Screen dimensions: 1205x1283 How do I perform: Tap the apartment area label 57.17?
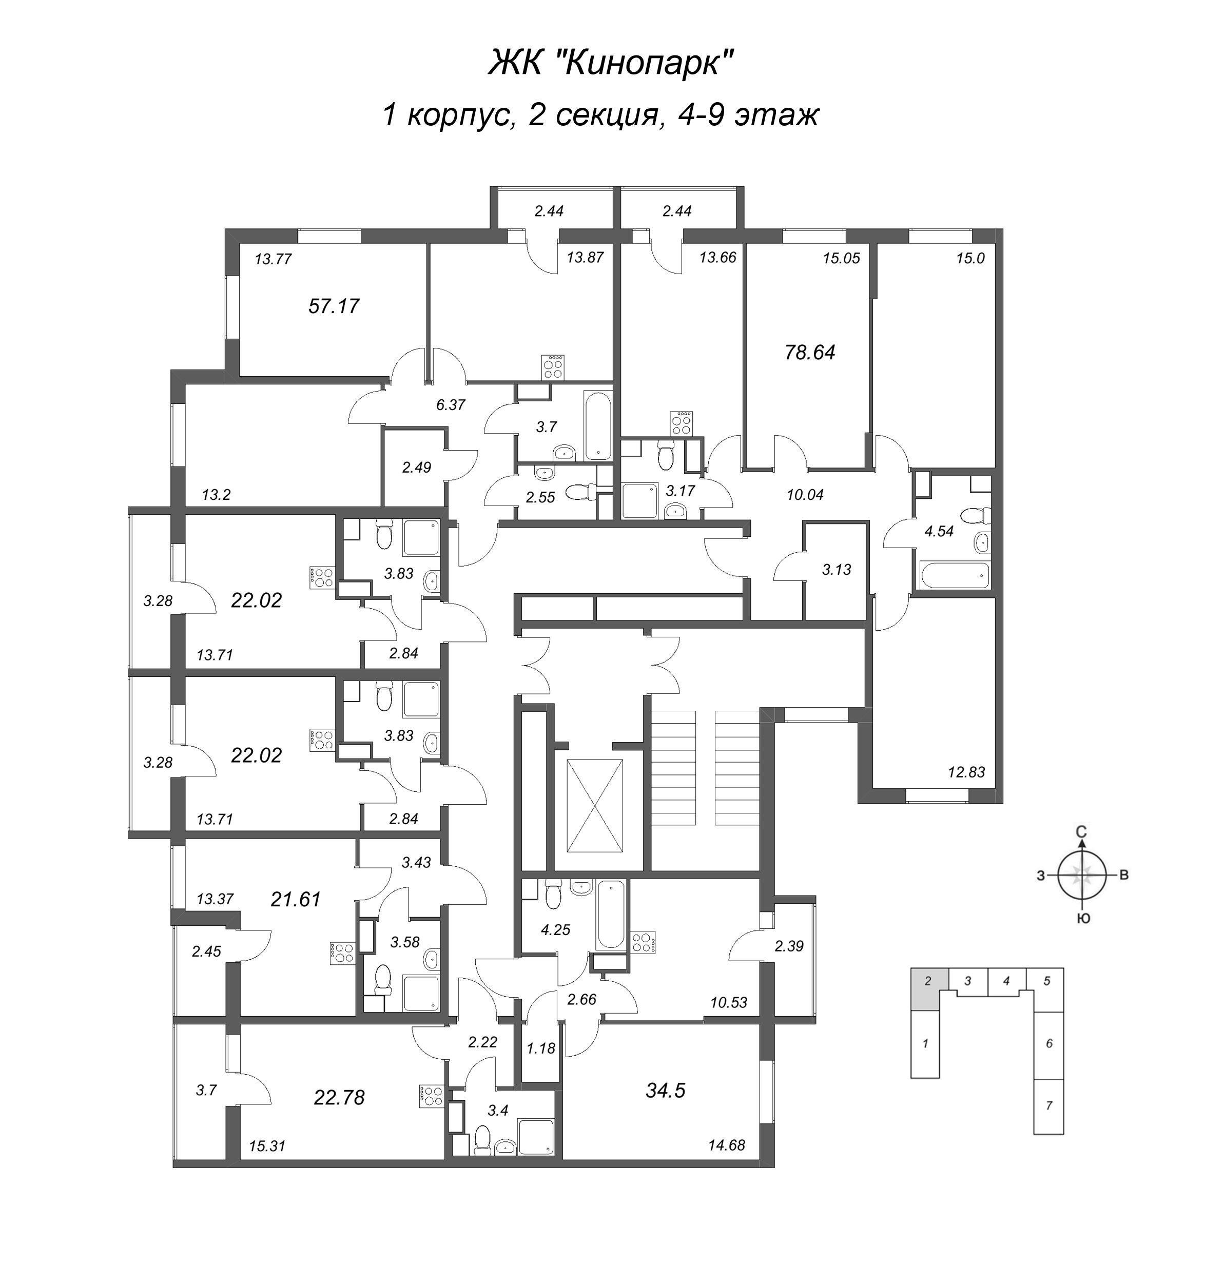[334, 306]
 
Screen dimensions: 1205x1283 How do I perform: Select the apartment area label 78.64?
[810, 353]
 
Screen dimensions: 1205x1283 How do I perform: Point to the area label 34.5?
[666, 1091]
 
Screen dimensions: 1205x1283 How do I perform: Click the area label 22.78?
[340, 1097]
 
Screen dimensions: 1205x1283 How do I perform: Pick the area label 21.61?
[296, 899]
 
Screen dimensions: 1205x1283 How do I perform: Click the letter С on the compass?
[1082, 832]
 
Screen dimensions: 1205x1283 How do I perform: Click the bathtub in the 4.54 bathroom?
[955, 575]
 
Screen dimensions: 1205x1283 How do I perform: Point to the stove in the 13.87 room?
[553, 367]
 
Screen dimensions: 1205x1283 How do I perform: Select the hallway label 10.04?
[805, 495]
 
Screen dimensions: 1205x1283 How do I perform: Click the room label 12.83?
[966, 772]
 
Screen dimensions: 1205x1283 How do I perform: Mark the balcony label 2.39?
[789, 947]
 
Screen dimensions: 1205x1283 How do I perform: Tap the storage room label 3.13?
[837, 570]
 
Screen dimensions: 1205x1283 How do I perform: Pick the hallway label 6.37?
[451, 405]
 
